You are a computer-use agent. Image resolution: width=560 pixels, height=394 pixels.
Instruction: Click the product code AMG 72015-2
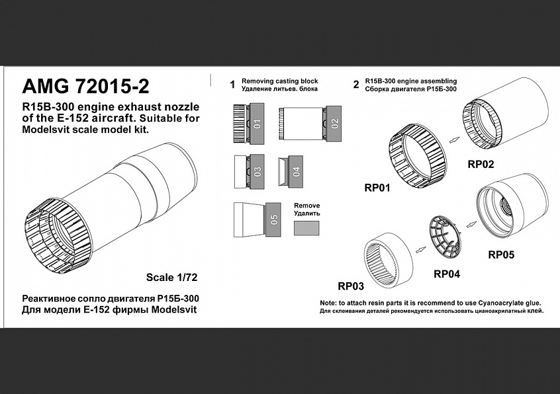[85, 87]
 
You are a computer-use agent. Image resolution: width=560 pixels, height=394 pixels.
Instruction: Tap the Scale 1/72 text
[172, 278]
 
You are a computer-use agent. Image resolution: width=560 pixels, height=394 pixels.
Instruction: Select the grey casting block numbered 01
[257, 124]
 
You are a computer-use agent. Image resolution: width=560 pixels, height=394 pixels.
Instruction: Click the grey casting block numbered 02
[334, 124]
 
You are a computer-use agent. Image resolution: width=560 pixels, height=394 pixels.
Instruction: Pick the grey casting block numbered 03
[257, 171]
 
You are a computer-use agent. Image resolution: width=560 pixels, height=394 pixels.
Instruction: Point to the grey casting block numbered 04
[296, 171]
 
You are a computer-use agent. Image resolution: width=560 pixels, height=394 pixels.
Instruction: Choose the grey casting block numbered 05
[274, 219]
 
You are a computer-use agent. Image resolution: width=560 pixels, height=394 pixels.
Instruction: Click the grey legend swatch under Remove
[306, 228]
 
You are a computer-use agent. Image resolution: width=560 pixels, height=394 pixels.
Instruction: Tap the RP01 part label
[377, 188]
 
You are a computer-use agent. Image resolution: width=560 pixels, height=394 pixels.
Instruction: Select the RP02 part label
[481, 165]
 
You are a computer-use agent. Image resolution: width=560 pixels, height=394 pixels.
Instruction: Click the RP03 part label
[351, 286]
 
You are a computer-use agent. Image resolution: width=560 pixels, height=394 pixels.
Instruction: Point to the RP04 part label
[447, 274]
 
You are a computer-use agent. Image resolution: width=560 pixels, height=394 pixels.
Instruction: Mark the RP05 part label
[502, 255]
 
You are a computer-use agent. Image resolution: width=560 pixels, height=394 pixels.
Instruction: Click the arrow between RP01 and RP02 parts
[455, 140]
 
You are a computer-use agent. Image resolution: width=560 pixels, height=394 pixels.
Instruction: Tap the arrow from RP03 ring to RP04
[422, 250]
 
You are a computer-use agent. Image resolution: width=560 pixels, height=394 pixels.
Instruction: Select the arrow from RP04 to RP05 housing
[471, 224]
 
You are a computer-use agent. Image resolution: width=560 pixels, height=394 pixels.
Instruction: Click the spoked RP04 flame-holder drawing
[444, 237]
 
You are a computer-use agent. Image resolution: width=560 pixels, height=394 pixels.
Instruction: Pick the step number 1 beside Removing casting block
[232, 85]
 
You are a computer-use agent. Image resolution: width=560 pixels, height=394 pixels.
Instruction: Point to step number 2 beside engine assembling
[355, 85]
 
